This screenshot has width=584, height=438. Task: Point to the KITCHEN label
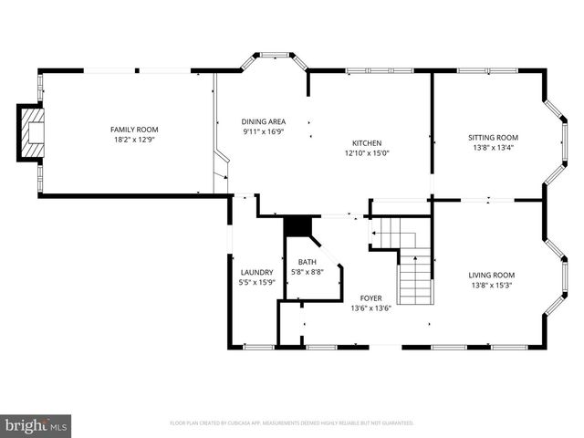[367, 142]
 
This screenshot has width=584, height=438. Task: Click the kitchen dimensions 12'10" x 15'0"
[367, 153]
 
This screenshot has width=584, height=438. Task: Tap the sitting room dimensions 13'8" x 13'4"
[493, 148]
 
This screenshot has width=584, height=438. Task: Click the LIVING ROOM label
[492, 275]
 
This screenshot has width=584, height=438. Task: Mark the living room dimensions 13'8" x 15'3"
[492, 286]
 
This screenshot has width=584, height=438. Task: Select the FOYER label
[370, 297]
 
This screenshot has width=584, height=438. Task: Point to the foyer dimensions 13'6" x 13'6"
[370, 308]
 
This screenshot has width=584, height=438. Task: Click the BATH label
[308, 262]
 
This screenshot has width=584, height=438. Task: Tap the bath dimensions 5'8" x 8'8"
[308, 272]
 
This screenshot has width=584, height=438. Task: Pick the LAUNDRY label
[257, 272]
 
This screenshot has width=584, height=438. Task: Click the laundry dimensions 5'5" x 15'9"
[257, 283]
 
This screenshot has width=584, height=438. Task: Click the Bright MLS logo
[36, 425]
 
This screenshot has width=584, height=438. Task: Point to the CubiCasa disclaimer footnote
[292, 423]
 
